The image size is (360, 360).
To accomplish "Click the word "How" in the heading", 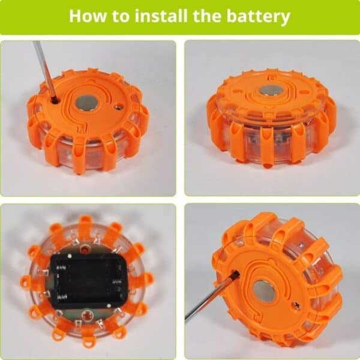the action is click(88, 16).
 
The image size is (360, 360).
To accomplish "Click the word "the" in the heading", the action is click(208, 16).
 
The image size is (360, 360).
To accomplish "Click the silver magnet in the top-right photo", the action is click(272, 91).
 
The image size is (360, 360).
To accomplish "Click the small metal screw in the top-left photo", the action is click(118, 106).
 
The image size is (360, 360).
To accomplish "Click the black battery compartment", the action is click(88, 281).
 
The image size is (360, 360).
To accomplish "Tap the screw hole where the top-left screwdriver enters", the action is click(55, 100).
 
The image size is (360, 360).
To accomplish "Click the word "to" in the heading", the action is click(121, 16).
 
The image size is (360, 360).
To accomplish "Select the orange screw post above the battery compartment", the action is click(86, 249).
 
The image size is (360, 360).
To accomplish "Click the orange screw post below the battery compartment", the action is click(87, 314).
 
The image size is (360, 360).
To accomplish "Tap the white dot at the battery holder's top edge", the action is click(70, 256).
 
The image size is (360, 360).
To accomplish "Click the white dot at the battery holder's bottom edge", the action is click(109, 305).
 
